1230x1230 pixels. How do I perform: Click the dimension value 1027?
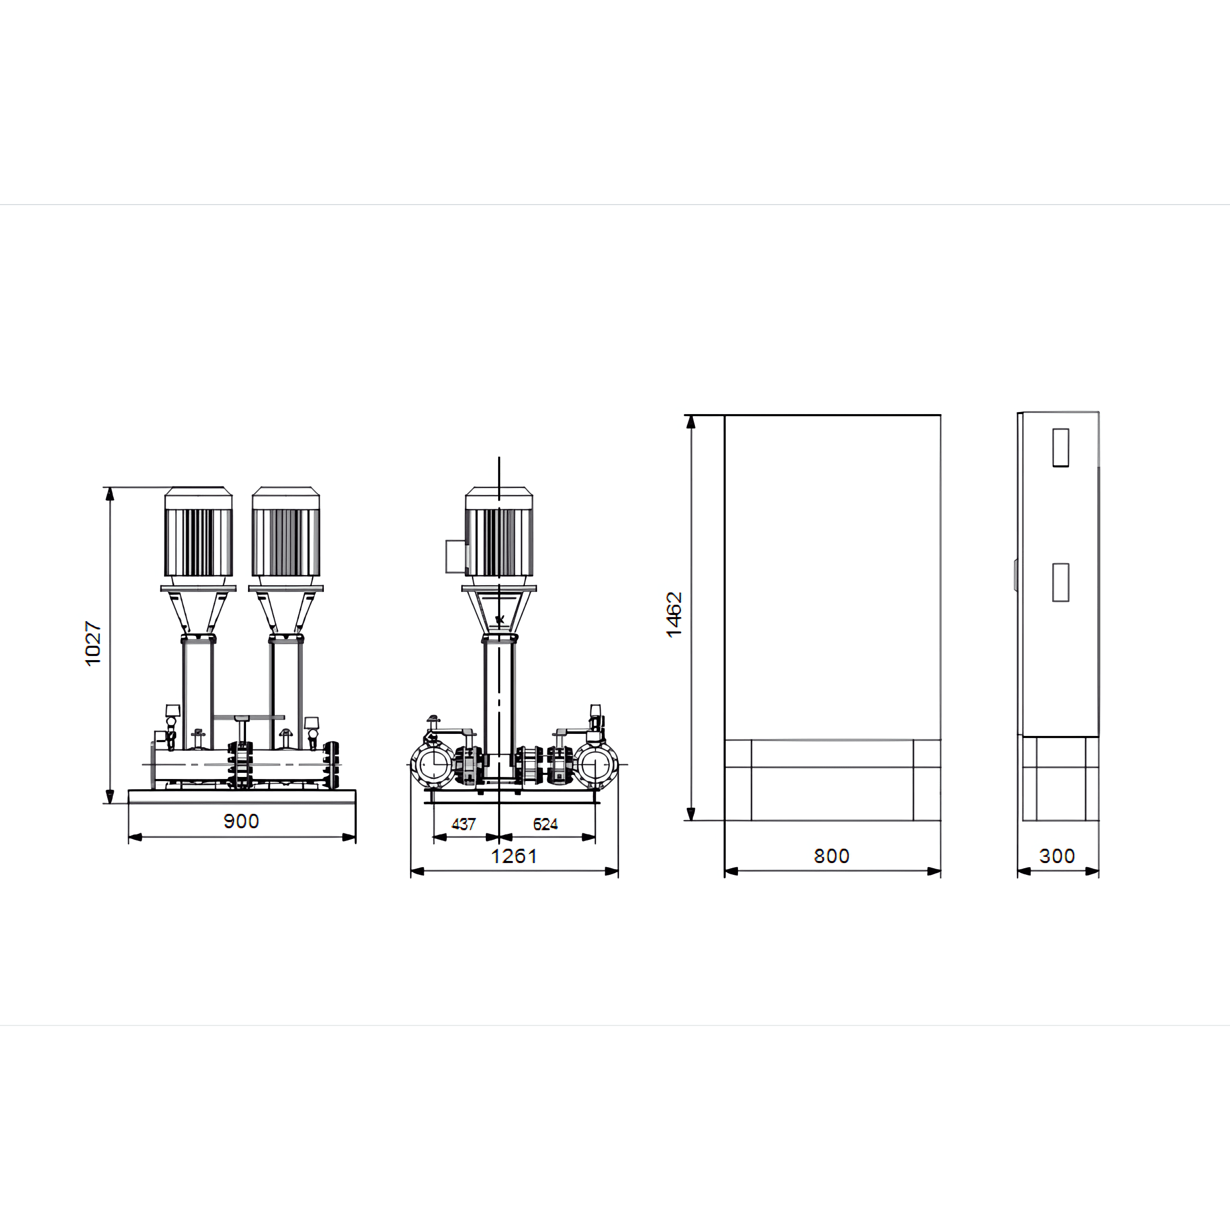click(x=93, y=644)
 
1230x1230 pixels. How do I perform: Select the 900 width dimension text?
click(x=241, y=821)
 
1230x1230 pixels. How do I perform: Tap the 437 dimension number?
click(x=463, y=825)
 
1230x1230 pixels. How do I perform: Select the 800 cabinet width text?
click(x=831, y=856)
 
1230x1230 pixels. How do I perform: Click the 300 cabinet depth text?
click(x=1057, y=856)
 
